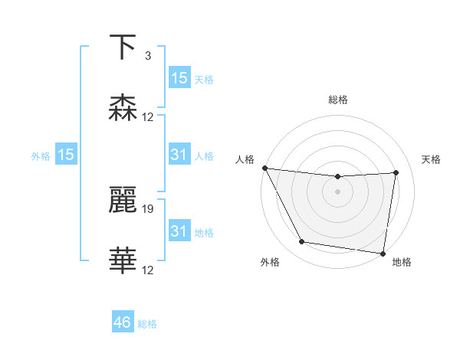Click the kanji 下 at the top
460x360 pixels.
(x=123, y=47)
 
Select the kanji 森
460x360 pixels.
(x=123, y=109)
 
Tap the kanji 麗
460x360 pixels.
(x=123, y=199)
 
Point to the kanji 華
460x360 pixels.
(x=123, y=261)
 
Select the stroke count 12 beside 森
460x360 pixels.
(x=148, y=117)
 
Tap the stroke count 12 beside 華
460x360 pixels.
(x=148, y=270)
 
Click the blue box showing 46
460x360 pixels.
(x=123, y=322)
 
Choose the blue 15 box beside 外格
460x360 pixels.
(x=66, y=155)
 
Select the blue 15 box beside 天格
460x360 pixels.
(x=179, y=78)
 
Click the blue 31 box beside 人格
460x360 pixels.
(x=179, y=155)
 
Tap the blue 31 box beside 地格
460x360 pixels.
(x=179, y=231)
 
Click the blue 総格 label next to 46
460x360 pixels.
(x=147, y=324)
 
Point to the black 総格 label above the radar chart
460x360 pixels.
(x=337, y=100)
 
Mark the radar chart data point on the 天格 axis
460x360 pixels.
(x=396, y=172)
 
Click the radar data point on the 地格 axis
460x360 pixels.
(x=383, y=254)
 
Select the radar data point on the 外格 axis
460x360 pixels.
(x=302, y=243)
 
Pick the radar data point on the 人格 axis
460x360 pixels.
(x=264, y=168)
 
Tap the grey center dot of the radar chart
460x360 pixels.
(x=337, y=191)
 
